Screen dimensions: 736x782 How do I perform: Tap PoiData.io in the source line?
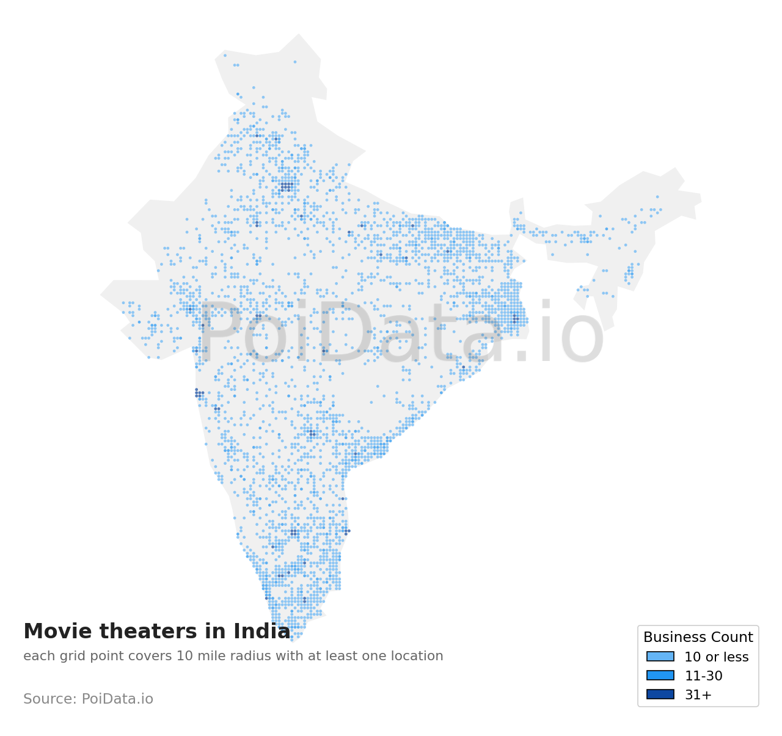[x=117, y=699]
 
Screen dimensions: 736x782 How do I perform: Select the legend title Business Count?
[x=698, y=637]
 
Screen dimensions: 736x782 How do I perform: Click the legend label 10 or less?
[x=716, y=657]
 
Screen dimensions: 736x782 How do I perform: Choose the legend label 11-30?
[x=703, y=676]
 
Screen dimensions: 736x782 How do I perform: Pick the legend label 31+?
[x=698, y=695]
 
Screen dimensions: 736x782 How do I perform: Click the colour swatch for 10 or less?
[x=660, y=657]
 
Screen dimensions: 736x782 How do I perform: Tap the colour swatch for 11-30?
[x=660, y=676]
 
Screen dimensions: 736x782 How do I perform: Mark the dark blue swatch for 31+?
[x=660, y=694]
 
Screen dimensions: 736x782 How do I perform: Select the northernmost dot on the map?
[x=225, y=55]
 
